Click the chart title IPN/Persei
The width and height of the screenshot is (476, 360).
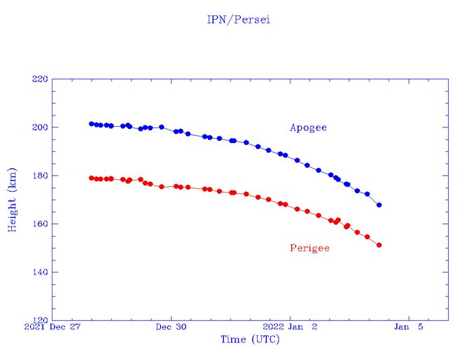click(238, 20)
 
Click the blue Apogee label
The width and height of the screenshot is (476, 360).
click(308, 127)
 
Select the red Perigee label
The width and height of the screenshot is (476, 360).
click(309, 248)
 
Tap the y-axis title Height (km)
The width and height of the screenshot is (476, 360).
click(12, 200)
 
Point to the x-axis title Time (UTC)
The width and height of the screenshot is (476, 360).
click(250, 340)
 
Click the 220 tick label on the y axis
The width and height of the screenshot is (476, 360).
click(40, 79)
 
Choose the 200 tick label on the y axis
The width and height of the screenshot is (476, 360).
click(40, 127)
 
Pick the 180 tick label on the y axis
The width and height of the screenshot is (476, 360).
click(40, 176)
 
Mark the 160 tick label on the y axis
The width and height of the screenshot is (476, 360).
click(40, 224)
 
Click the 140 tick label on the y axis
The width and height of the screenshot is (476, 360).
click(40, 272)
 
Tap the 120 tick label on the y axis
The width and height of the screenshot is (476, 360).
click(40, 320)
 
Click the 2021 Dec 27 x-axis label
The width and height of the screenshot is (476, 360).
click(53, 327)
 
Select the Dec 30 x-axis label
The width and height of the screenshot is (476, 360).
click(171, 327)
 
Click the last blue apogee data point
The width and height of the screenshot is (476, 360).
click(379, 205)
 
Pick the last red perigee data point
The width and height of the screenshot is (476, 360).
click(379, 245)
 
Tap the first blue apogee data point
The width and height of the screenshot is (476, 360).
click(92, 124)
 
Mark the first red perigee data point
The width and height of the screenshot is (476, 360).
click(92, 178)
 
